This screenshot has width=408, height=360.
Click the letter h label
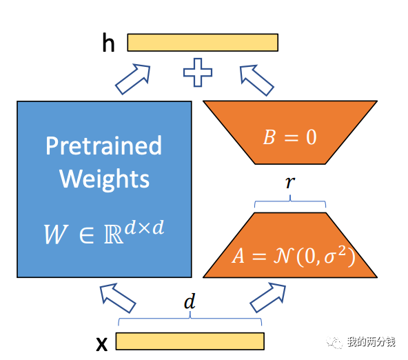[108, 43]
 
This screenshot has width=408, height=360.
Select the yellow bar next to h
[203, 43]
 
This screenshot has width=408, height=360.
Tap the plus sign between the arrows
[198, 72]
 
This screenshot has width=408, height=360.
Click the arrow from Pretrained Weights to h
[133, 79]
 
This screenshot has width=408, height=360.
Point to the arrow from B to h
[256, 80]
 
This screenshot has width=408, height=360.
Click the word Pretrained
[104, 146]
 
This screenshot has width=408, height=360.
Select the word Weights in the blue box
[105, 179]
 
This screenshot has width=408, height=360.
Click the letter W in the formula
[56, 234]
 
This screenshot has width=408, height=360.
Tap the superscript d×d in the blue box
[144, 228]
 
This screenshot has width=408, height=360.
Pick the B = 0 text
[290, 137]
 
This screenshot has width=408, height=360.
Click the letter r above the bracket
[290, 182]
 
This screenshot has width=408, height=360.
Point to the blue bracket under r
[290, 201]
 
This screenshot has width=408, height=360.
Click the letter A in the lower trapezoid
[238, 256]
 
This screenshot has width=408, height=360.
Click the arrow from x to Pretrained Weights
[118, 298]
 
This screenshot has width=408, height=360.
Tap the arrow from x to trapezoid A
[267, 297]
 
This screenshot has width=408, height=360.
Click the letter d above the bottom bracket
[190, 301]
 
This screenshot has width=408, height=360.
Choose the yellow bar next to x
[190, 341]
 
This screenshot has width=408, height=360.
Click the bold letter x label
[102, 344]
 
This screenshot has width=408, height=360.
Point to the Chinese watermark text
[371, 341]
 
